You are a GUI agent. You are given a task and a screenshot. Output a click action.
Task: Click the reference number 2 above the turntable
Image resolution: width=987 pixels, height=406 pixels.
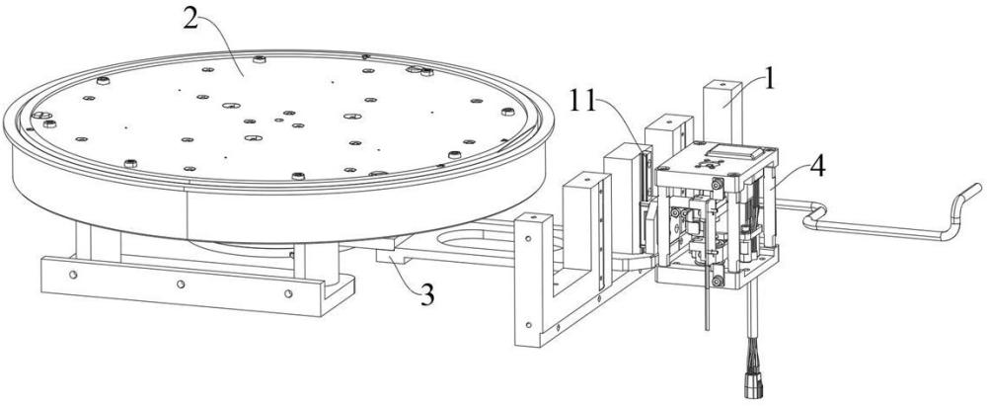190,19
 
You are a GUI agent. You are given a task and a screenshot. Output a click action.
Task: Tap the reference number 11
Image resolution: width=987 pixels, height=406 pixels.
583,101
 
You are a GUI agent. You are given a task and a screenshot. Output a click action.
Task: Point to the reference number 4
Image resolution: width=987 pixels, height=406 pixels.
817,167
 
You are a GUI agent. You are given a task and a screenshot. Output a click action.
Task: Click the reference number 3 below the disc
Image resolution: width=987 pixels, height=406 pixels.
427,295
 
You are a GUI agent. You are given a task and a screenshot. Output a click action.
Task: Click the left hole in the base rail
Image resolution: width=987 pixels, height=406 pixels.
74,275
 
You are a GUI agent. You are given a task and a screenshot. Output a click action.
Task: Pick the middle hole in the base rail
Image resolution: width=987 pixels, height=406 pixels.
181,284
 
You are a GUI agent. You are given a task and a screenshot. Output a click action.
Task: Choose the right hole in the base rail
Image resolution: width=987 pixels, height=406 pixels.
288,293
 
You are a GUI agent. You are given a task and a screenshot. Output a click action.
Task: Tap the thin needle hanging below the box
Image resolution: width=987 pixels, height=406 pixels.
707,297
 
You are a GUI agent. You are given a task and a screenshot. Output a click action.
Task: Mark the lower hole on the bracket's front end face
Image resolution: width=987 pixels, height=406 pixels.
528,325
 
